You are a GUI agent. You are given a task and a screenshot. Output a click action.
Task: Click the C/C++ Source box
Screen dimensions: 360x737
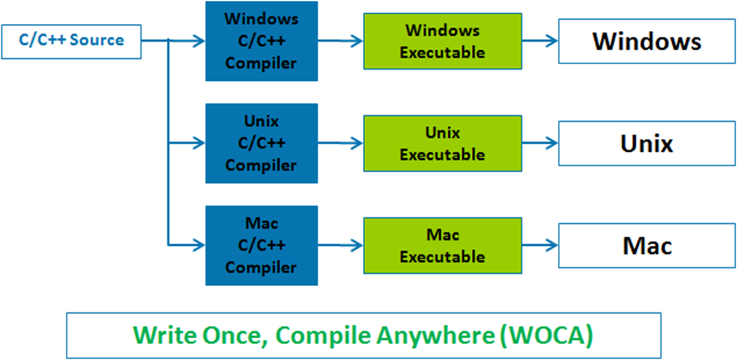(x=72, y=42)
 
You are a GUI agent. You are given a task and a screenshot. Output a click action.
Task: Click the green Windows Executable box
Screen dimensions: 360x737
(x=442, y=42)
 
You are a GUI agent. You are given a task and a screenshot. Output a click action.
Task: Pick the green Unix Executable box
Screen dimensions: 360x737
(x=442, y=144)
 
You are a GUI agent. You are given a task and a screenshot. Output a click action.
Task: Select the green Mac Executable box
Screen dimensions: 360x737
(x=442, y=246)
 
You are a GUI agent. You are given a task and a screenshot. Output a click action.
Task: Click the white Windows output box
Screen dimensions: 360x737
(x=646, y=41)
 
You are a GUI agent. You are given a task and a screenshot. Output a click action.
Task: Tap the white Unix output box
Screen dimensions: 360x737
(x=646, y=143)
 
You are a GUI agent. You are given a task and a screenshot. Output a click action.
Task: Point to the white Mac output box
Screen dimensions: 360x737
(x=646, y=245)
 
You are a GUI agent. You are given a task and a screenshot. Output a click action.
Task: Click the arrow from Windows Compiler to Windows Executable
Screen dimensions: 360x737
(x=340, y=42)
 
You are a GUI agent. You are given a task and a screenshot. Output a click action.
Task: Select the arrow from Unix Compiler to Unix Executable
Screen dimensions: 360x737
(x=340, y=142)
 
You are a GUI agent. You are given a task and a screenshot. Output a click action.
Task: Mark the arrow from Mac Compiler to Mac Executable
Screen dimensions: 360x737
(x=340, y=244)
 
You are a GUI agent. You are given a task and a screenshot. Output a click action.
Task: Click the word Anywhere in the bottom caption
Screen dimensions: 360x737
(x=441, y=334)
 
